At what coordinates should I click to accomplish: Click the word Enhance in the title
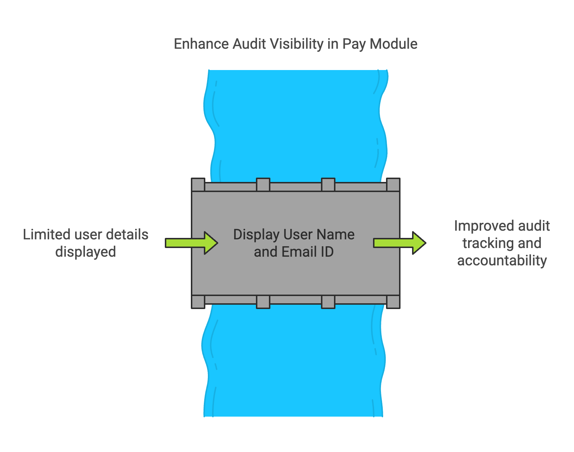201,44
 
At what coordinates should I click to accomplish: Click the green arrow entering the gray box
192,243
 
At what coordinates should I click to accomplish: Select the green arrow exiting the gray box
400,243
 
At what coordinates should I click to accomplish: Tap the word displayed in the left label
86,252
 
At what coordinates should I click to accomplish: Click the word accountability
502,261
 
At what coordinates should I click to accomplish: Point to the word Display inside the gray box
256,235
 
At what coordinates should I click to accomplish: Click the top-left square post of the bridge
198,184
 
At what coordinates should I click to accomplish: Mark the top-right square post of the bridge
393,184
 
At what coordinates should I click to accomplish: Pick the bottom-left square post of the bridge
198,301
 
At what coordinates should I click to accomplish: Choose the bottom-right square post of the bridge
393,301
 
